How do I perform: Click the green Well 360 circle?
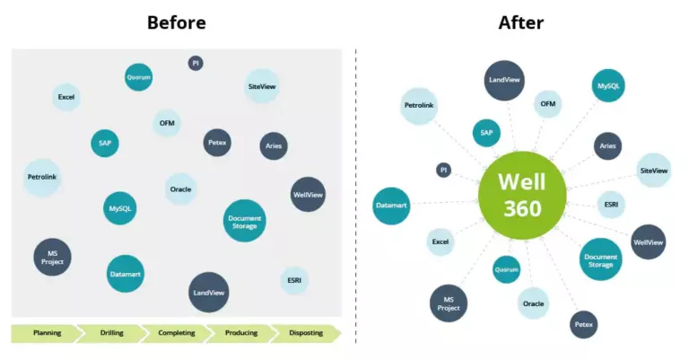[x=522, y=196]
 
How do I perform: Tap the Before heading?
[x=176, y=22]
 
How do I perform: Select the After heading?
[x=521, y=22]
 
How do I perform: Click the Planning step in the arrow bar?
[x=47, y=333]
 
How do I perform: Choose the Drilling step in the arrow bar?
[x=111, y=333]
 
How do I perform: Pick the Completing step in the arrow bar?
[x=177, y=333]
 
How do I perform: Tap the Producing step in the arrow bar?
[x=240, y=333]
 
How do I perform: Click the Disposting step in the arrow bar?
[x=306, y=333]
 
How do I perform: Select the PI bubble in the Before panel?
[x=196, y=63]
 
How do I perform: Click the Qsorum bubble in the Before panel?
[x=138, y=77]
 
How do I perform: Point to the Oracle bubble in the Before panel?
[x=181, y=189]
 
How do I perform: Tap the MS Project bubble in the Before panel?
[x=52, y=257]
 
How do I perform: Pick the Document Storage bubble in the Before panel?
[x=244, y=221]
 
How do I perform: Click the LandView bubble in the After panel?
[x=504, y=80]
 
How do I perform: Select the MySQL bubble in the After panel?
[x=609, y=86]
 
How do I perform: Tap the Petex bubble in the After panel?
[x=583, y=323]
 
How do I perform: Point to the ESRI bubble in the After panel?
[x=611, y=205]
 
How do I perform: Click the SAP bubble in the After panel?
[x=486, y=133]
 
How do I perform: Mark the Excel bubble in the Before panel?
[x=66, y=96]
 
